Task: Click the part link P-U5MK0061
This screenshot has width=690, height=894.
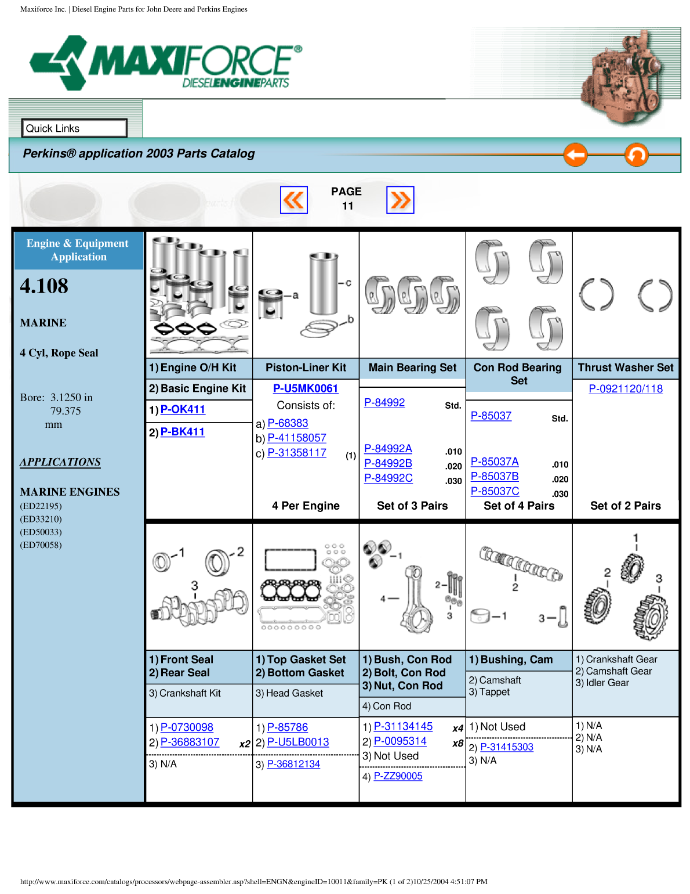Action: (x=306, y=388)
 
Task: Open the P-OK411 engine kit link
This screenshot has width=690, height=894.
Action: (x=183, y=409)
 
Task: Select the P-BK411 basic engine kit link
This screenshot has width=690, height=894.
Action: (x=183, y=432)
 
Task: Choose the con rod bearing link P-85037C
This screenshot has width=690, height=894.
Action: (x=495, y=491)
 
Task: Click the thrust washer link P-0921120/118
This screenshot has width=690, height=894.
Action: (x=626, y=389)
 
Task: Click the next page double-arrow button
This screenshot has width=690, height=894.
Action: (x=400, y=200)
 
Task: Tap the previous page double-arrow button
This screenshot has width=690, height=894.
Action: (x=294, y=200)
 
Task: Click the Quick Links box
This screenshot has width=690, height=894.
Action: (x=74, y=128)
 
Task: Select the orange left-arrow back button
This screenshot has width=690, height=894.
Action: (x=575, y=155)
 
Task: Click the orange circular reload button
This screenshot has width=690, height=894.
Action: (x=636, y=155)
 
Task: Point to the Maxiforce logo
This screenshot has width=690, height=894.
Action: (x=166, y=63)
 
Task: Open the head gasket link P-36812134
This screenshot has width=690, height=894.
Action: (x=293, y=764)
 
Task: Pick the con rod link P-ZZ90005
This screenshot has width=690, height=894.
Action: (x=398, y=776)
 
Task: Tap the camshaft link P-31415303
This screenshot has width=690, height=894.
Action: (x=507, y=747)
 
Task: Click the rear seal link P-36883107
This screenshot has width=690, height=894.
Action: (x=190, y=742)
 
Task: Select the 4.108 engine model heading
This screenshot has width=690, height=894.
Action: (x=44, y=286)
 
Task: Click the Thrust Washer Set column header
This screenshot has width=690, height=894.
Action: (x=626, y=367)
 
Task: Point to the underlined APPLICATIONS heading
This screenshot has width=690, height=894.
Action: (x=60, y=462)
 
